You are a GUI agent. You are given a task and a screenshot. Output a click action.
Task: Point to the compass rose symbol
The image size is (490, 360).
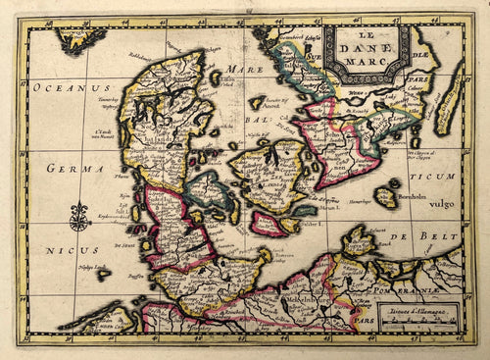point(79,217)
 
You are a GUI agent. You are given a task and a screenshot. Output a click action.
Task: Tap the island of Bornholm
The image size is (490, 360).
point(386,197)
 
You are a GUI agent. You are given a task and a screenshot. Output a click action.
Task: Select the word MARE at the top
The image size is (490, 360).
point(239,71)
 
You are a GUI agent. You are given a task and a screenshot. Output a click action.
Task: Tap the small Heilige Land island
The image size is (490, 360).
point(102,276)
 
